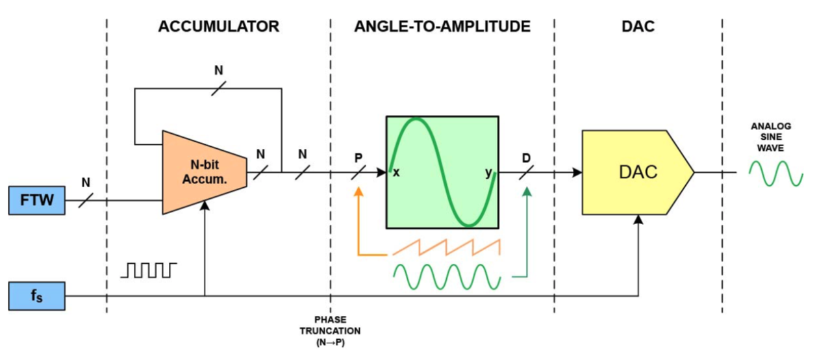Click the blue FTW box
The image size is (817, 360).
pos(37,200)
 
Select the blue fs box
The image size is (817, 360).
pos(37,296)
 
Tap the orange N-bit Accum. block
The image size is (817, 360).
pos(205,172)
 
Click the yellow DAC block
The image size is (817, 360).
pos(638,172)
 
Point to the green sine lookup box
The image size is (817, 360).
pos(442,172)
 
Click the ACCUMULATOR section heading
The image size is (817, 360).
pos(218,27)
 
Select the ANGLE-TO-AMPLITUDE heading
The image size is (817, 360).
pos(442,27)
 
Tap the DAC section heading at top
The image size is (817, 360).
pos(638,27)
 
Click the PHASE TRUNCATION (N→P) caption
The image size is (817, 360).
pos(331,331)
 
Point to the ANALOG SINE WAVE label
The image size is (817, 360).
pos(771,137)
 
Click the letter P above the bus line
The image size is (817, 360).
pos(358,158)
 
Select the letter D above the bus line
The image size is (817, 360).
pos(526,158)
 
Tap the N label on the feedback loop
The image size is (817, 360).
pos(218,70)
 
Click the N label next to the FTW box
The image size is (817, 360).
pos(86,182)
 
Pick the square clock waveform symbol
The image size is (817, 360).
pos(149,270)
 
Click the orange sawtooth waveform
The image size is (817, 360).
pos(446,247)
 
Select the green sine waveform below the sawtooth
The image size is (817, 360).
pos(447,277)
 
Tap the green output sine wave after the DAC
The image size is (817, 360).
pos(776,174)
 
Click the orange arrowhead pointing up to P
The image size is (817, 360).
pos(358,192)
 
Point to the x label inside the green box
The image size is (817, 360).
pos(396,172)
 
